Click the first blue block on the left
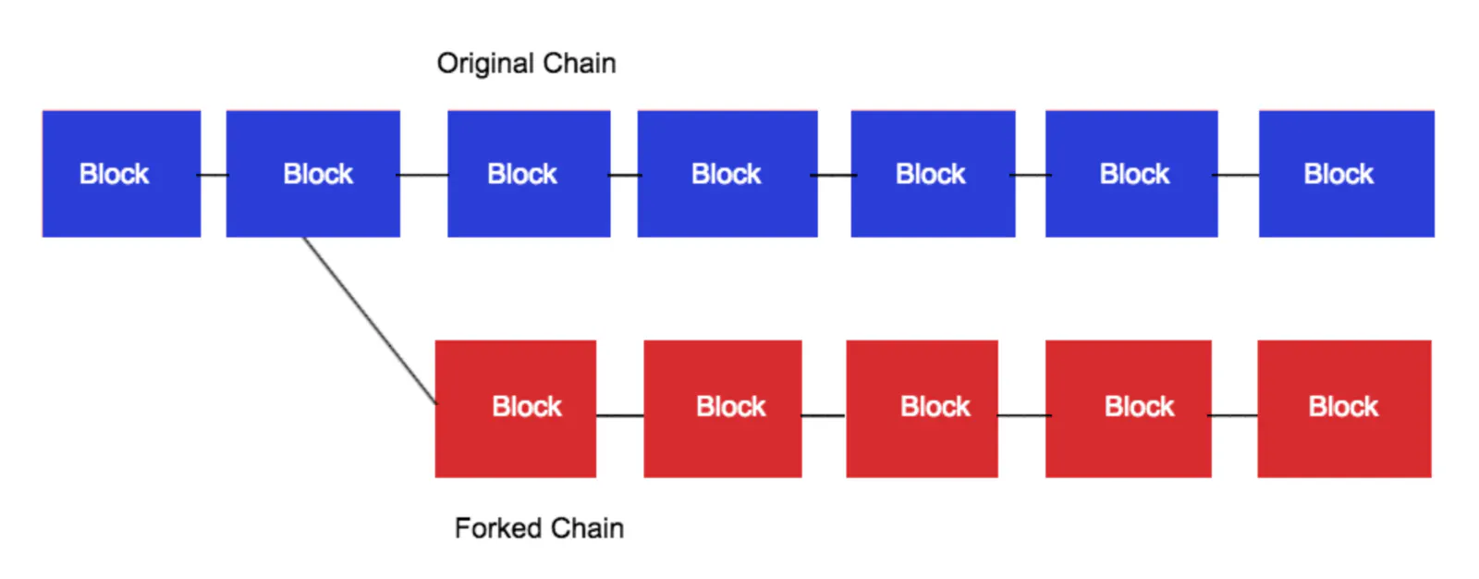(121, 174)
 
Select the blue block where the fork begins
(312, 174)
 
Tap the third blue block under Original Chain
(529, 174)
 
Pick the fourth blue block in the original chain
(727, 174)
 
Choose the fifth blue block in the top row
(933, 174)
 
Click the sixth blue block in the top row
(1131, 174)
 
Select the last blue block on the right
(1346, 174)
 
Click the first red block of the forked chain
(516, 408)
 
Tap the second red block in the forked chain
(723, 408)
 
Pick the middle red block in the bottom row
(922, 408)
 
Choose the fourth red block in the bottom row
(1128, 408)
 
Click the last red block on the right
(1344, 408)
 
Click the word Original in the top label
(485, 64)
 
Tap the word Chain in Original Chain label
(579, 64)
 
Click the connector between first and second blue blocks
(214, 175)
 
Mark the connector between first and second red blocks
(619, 415)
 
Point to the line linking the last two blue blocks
(1238, 175)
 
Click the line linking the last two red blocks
(1234, 415)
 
